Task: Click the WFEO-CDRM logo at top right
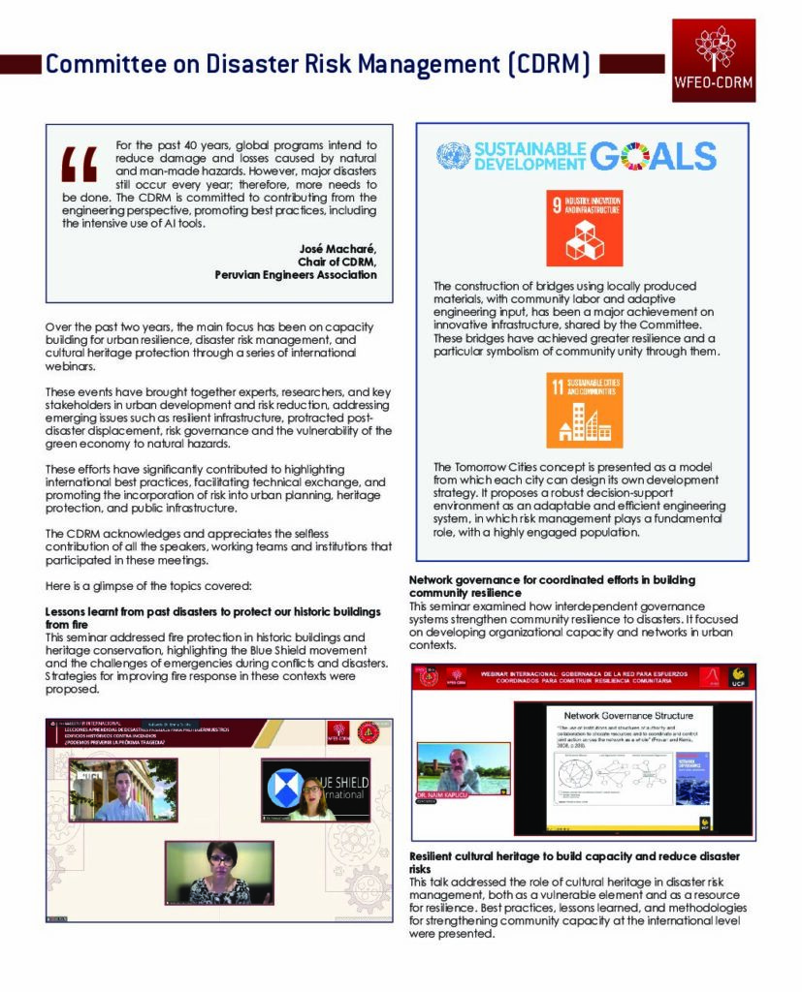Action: click(713, 60)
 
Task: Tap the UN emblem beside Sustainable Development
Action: click(452, 156)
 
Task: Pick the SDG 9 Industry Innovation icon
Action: click(585, 230)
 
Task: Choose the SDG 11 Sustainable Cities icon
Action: click(585, 412)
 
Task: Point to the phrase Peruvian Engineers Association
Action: click(296, 274)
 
